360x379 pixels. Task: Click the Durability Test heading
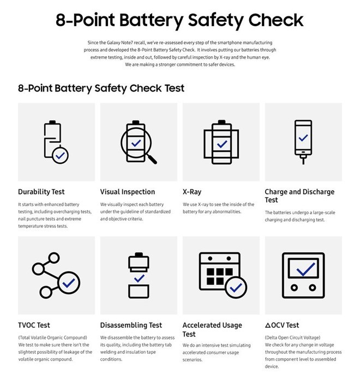(41, 192)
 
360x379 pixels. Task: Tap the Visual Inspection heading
(128, 192)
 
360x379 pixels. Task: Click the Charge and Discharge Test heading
(299, 196)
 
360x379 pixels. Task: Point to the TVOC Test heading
(34, 325)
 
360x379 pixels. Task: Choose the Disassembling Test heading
(131, 325)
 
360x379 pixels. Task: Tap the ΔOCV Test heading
(282, 325)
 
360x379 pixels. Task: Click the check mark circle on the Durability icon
(60, 155)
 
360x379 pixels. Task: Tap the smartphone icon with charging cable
(303, 140)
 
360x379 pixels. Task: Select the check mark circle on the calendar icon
(236, 286)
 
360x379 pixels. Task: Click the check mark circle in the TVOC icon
(69, 283)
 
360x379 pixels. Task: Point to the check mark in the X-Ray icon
(221, 144)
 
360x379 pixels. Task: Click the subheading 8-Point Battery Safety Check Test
(101, 88)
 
